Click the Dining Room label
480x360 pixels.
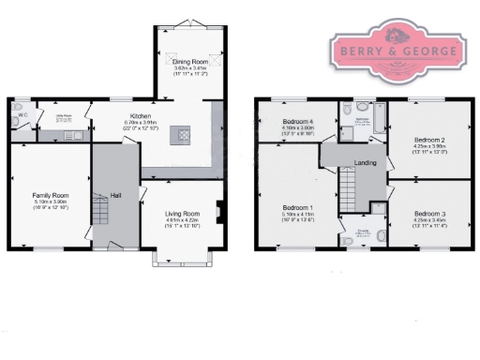pos(188,62)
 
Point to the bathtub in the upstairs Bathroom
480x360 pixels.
pos(378,123)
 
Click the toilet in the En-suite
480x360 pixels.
pos(349,240)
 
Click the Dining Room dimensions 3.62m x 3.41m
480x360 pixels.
pos(188,69)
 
